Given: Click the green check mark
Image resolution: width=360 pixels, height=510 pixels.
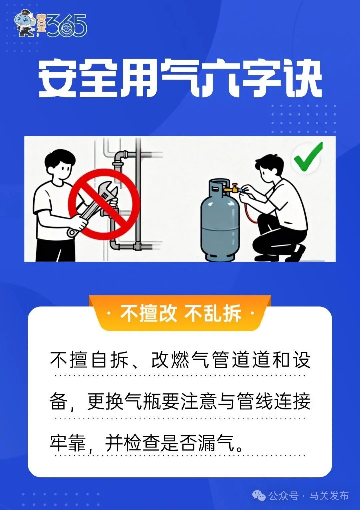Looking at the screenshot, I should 307,157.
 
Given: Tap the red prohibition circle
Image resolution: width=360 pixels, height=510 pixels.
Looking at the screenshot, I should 104,204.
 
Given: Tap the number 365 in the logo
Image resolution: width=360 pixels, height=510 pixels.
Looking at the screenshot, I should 67,26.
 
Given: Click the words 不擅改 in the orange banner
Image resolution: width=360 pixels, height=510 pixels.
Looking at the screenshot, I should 148,313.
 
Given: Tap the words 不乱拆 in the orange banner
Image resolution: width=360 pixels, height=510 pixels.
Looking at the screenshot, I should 212,313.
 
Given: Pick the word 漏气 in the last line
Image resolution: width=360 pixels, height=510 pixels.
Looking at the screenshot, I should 217,443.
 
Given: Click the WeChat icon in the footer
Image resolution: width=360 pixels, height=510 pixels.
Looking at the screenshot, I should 259,496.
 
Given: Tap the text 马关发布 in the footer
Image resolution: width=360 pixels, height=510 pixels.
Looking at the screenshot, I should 329,496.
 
